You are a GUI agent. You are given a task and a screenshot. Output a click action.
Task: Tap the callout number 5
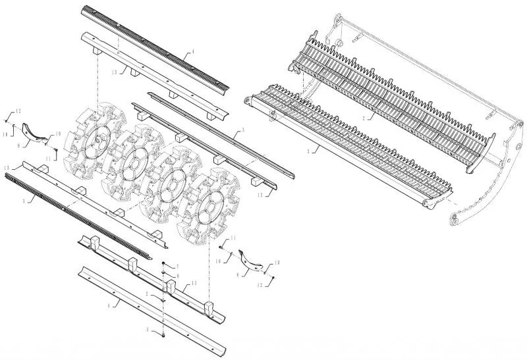[148, 328]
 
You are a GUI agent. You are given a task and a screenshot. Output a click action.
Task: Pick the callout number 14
[5, 134]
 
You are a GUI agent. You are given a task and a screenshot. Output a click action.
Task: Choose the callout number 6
[177, 275]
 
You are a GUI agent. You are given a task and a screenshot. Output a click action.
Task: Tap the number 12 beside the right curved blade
[258, 285]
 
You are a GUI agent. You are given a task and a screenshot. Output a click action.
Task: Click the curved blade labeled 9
[37, 132]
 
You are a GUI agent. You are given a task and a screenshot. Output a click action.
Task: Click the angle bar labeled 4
[152, 309]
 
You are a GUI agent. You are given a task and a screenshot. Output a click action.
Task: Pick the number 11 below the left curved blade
[49, 160]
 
